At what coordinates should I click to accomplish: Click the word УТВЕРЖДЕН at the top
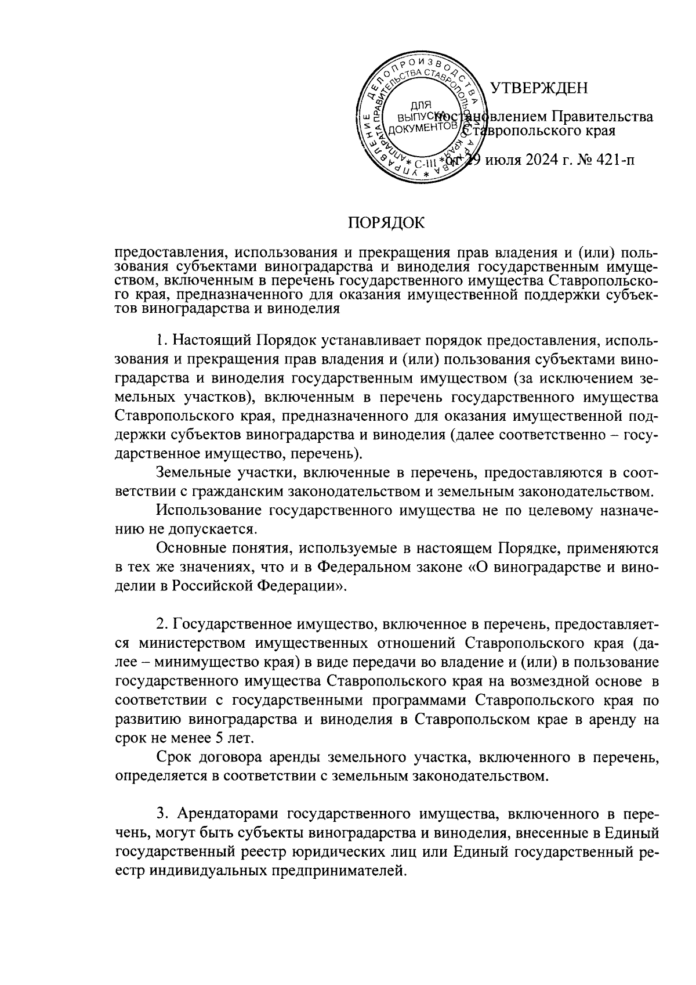(x=539, y=88)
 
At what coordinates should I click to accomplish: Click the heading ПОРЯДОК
(x=386, y=223)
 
